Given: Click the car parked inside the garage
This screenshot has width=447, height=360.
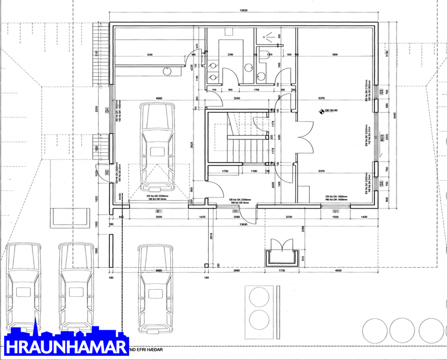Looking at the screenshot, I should tap(156, 147).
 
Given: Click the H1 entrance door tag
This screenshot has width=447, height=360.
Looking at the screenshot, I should tap(236, 211).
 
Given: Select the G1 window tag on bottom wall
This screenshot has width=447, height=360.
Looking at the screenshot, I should tap(335, 211).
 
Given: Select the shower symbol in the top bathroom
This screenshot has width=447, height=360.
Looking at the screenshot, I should tap(269, 35).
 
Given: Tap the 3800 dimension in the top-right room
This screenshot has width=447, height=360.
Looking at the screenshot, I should tap(335, 55).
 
